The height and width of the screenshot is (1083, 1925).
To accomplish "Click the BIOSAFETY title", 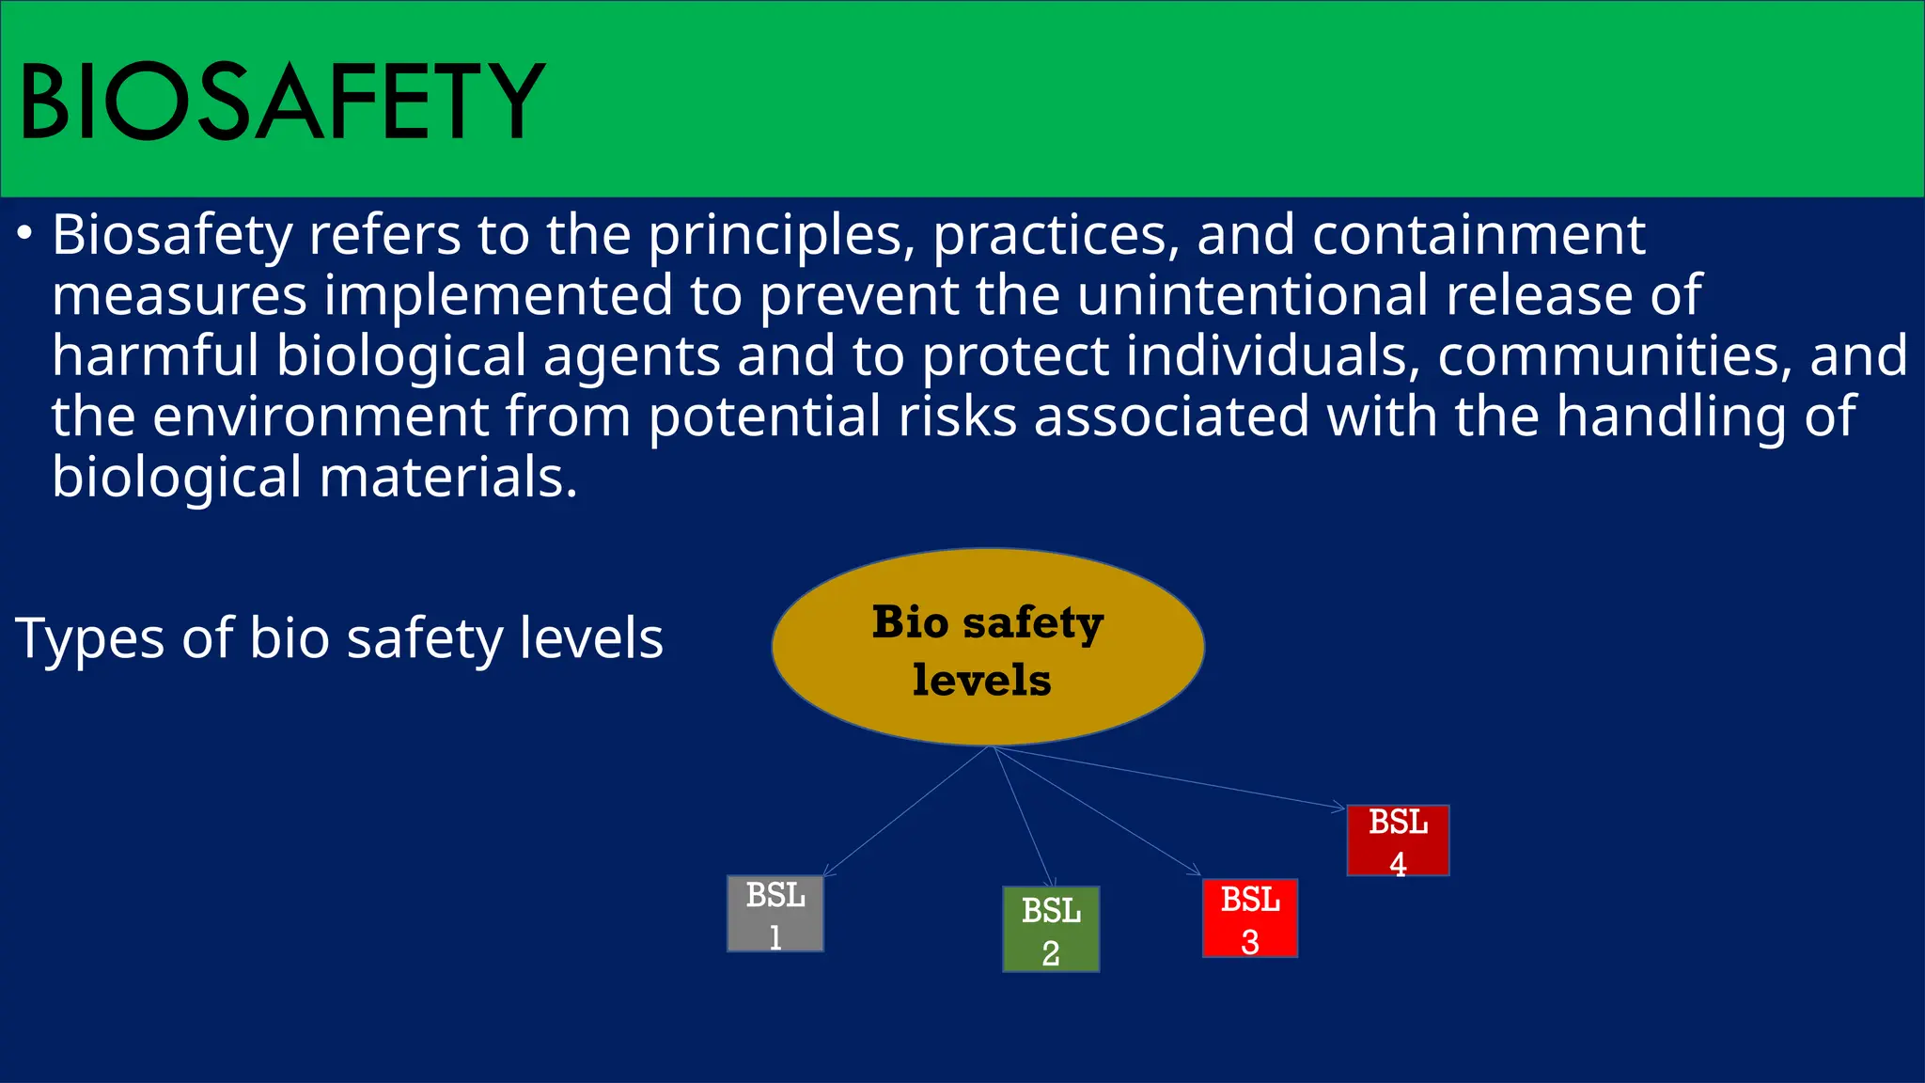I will (x=282, y=102).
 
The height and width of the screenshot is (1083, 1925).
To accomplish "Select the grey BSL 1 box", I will (x=775, y=914).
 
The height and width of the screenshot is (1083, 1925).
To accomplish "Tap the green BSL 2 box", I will (x=1051, y=929).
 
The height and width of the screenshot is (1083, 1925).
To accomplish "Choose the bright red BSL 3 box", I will (x=1250, y=918).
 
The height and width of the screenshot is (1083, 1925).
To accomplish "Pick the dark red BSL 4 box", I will (x=1398, y=840).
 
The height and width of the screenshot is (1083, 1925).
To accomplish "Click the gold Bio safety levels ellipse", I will (x=988, y=647).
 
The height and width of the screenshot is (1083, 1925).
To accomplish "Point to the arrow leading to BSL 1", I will (x=906, y=812).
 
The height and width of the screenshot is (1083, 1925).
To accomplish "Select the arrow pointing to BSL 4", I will (x=1170, y=777).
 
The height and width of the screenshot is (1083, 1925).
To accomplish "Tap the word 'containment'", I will (x=1479, y=235).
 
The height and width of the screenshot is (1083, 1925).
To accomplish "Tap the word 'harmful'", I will (x=156, y=356).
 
